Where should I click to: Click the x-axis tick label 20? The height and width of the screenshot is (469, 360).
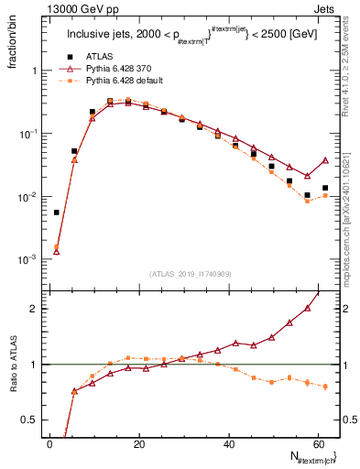[x=138, y=442]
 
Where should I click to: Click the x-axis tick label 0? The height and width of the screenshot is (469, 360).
[x=49, y=442]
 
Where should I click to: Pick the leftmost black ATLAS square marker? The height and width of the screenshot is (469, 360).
[x=57, y=212]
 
